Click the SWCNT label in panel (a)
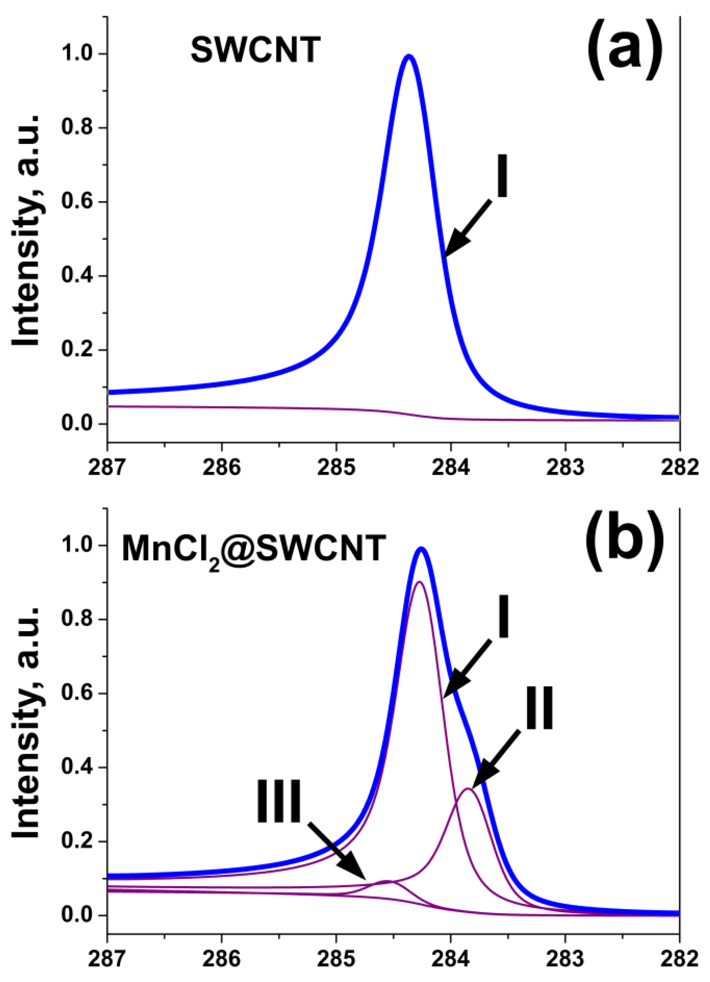click(255, 50)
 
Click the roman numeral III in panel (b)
click(279, 801)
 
